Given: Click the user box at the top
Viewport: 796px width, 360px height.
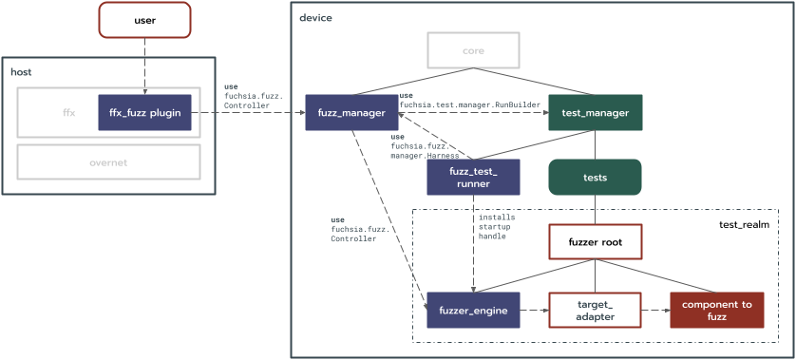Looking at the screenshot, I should pos(144,20).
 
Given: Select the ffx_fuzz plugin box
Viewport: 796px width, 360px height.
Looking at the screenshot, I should pos(144,112).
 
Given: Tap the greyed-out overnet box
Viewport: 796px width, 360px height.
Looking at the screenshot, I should pos(108,162).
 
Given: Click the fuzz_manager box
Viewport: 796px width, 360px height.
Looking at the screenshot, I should pos(351,113).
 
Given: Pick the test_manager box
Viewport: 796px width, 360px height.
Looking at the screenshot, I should pos(595,113).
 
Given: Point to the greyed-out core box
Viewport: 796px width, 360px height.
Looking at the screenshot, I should pos(473,50).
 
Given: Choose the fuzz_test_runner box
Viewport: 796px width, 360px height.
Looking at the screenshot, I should pos(473,177).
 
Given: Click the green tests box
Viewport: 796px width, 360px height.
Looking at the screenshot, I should pos(595,177).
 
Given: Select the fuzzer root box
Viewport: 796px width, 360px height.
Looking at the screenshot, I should pos(595,241).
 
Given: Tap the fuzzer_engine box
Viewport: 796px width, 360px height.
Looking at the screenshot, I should pos(473,310).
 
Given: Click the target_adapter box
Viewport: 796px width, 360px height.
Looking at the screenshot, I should pos(595,310).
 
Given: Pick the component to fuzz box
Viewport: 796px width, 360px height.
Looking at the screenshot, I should pos(716,310).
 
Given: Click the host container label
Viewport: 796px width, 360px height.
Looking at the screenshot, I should pos(21,72).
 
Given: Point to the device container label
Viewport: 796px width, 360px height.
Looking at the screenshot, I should pos(315,18).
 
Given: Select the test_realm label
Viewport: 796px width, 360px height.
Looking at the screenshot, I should pos(743,224).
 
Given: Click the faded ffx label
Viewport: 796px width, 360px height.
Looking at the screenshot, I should pos(68,113).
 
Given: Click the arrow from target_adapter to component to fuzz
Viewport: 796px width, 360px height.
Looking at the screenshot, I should pos(654,310).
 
